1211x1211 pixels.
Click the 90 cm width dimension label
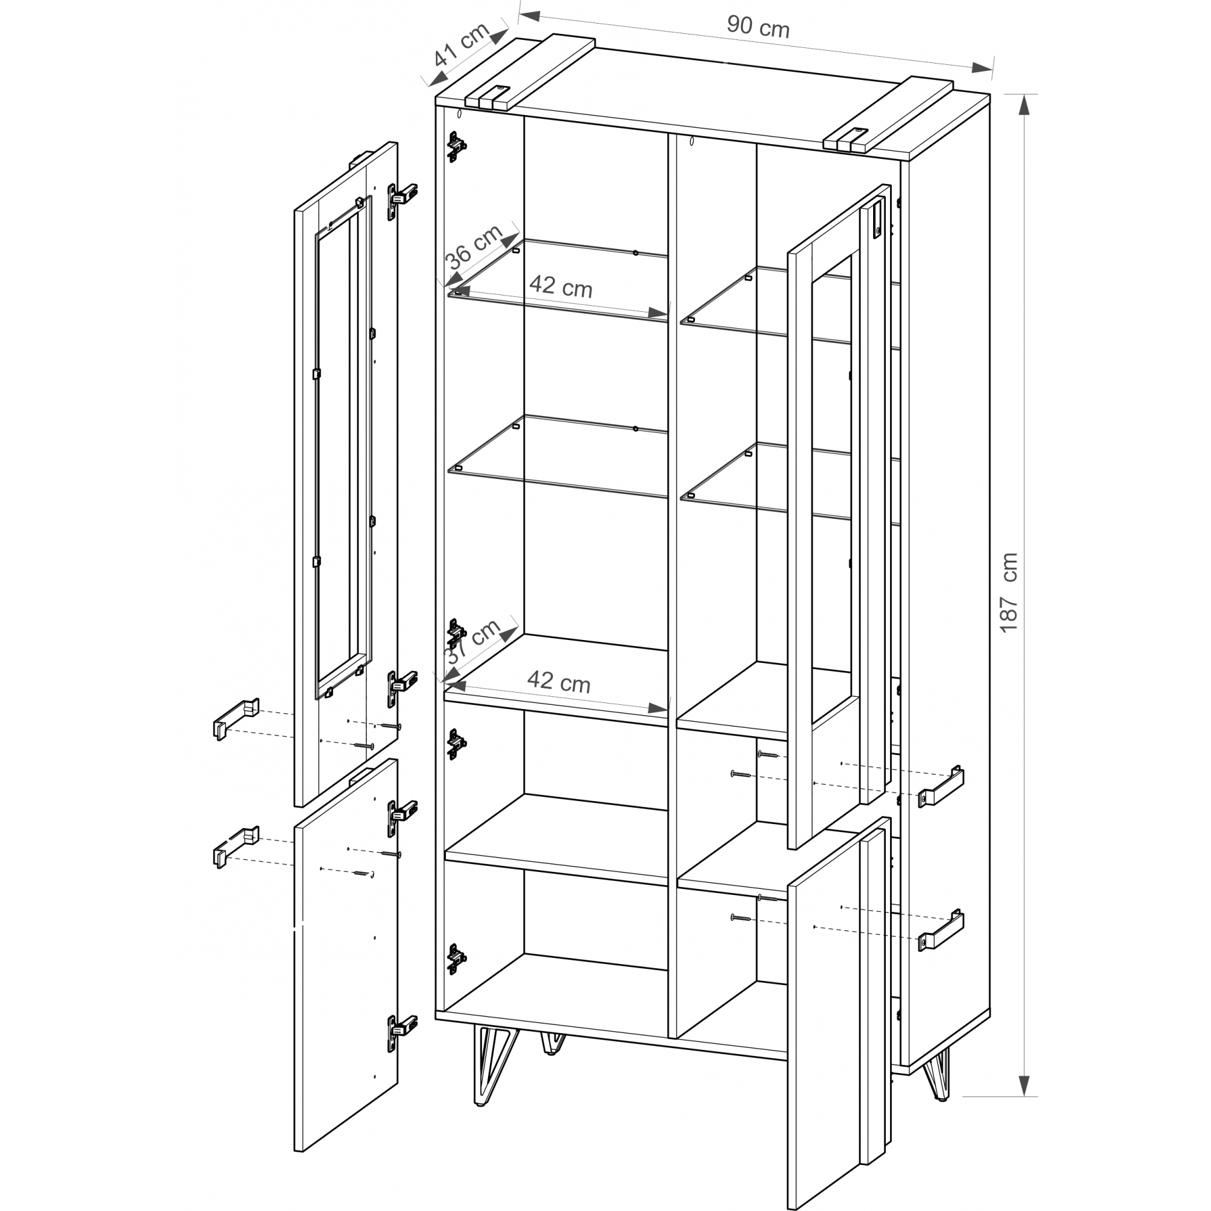pos(758,27)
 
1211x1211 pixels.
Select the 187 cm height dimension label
pos(1009,592)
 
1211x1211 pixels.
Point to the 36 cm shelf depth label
pos(474,246)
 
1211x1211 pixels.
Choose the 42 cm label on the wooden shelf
pos(558,681)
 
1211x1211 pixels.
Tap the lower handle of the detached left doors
pos(236,847)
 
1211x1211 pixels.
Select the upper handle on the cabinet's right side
pos(941,786)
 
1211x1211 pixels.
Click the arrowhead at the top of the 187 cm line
pos(1023,107)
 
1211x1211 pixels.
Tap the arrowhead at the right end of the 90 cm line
pos(981,67)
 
